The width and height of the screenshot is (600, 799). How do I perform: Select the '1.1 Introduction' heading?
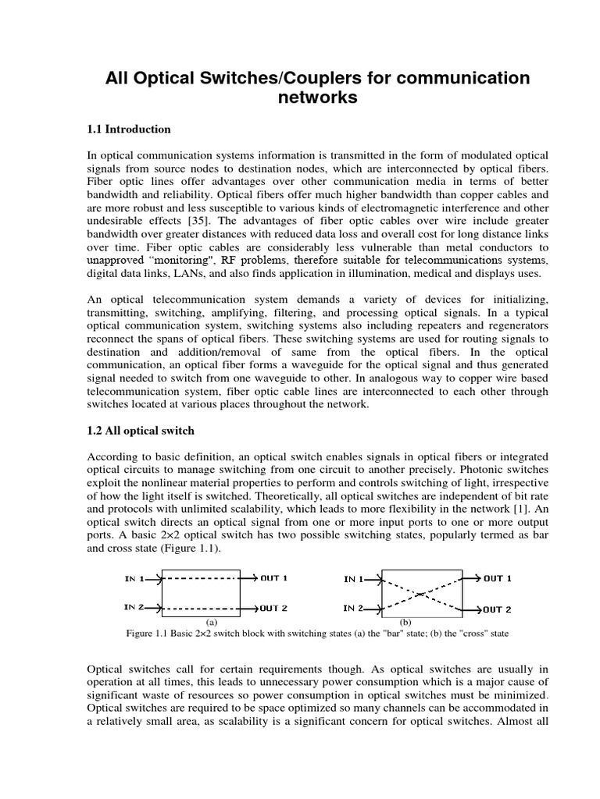129,129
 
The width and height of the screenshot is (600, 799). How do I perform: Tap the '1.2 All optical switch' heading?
141,431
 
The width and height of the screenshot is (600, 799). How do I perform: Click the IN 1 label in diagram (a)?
134,578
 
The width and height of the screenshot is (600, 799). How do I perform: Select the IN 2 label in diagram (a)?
134,607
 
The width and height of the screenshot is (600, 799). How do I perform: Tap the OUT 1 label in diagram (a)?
274,578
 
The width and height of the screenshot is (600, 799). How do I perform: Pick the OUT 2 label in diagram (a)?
274,607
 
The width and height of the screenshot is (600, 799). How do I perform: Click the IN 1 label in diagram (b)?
354,579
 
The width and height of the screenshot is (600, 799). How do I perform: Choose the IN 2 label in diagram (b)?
354,608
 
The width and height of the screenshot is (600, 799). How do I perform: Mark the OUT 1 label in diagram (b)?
497,578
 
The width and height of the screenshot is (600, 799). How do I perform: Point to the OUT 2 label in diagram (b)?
497,609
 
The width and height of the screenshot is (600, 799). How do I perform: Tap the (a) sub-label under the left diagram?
210,622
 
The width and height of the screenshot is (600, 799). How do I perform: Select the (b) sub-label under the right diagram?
405,622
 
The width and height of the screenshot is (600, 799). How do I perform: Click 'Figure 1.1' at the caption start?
148,633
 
